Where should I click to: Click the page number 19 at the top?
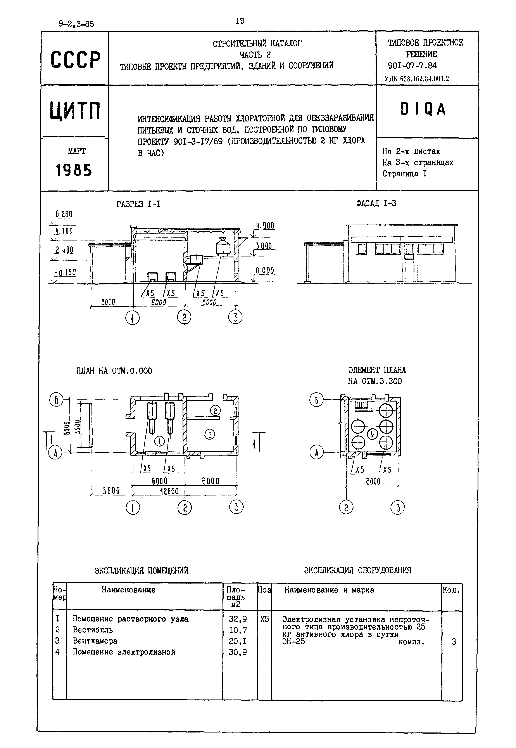[240, 21]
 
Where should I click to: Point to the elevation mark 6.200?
[64, 214]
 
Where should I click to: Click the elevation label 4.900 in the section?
[265, 226]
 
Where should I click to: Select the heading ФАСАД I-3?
[376, 203]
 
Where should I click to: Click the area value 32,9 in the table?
[238, 619]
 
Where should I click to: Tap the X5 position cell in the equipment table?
[264, 619]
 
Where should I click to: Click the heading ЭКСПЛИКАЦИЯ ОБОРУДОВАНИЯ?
[358, 570]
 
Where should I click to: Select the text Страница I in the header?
[404, 174]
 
